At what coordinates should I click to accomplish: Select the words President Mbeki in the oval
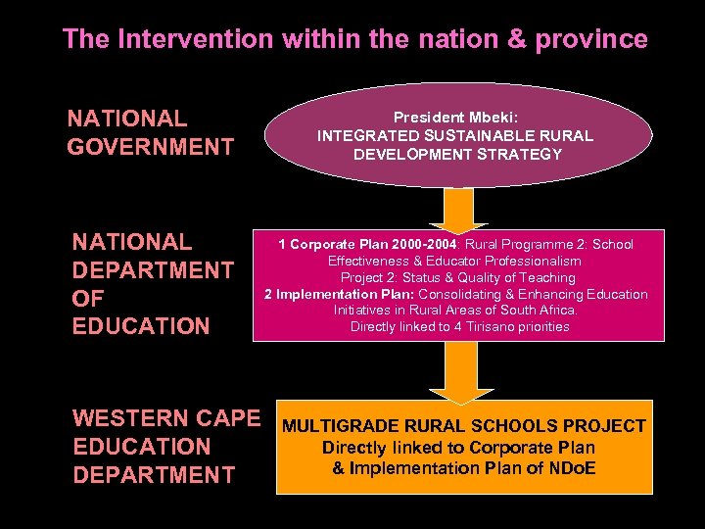[455, 117]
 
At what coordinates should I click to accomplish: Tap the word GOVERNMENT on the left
[151, 148]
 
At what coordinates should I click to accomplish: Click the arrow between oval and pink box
[458, 207]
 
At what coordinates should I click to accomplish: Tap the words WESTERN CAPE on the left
[166, 418]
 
